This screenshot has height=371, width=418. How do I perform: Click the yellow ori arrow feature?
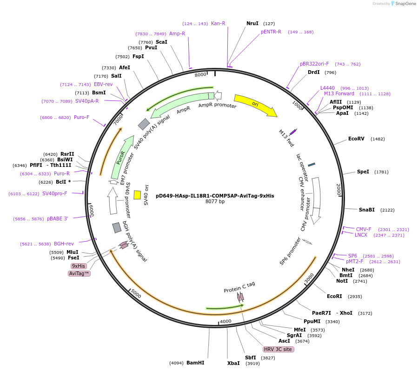pyautogui.click(x=254, y=105)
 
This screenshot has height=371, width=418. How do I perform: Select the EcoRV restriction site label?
pyautogui.click(x=356, y=139)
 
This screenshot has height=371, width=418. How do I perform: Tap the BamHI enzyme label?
pyautogui.click(x=195, y=363)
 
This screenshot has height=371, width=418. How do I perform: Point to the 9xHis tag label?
pyautogui.click(x=79, y=266)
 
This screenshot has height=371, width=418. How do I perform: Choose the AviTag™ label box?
pyautogui.click(x=79, y=274)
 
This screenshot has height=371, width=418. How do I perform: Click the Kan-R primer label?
pyautogui.click(x=218, y=23)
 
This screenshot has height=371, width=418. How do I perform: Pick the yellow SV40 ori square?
pyautogui.click(x=137, y=195)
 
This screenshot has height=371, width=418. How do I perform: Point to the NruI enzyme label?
pyautogui.click(x=252, y=23)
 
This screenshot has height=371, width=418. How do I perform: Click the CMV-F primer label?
pyautogui.click(x=364, y=229)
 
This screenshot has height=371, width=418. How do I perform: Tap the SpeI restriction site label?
pyautogui.click(x=363, y=172)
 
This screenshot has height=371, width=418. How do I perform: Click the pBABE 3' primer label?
pyautogui.click(x=57, y=219)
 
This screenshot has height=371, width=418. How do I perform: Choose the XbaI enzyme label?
pyautogui.click(x=233, y=363)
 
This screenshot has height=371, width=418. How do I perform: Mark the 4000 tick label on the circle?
pyautogui.click(x=226, y=321)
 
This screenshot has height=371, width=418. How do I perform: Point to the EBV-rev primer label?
pyautogui.click(x=103, y=84)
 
